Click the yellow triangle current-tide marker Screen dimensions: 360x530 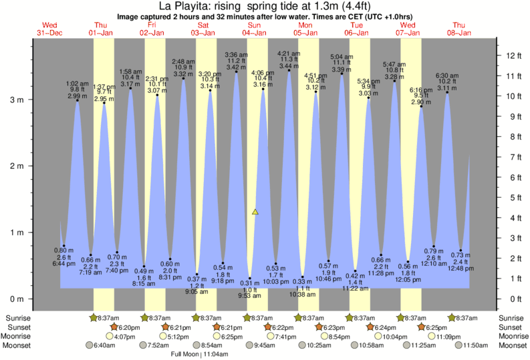point(255,212)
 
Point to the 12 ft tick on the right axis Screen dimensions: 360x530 point(511,55)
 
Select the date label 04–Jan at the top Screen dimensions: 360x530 point(255,33)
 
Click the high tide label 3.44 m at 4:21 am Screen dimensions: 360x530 point(289,66)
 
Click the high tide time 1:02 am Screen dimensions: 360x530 point(77,83)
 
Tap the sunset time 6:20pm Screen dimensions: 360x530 point(129,327)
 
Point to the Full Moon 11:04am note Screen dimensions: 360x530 point(200,354)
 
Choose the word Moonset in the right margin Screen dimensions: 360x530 point(513,345)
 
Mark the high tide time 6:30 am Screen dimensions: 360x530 point(446,75)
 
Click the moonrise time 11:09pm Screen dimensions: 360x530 point(449,336)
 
